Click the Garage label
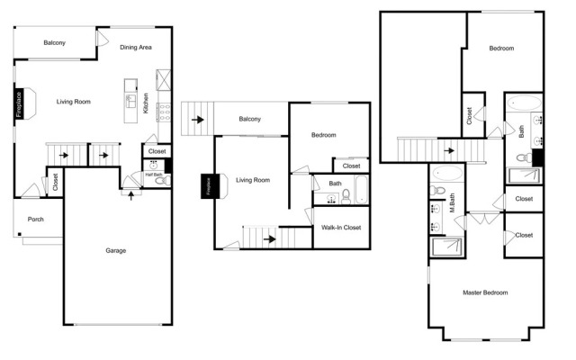click(116, 250)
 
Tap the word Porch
click(36, 220)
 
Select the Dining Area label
click(136, 47)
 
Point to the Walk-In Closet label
click(341, 228)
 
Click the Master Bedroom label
click(485, 292)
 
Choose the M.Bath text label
click(452, 202)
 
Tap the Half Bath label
click(154, 175)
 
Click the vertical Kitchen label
click(146, 103)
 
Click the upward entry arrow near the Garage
click(130, 195)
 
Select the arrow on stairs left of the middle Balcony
click(198, 120)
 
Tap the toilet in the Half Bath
click(163, 180)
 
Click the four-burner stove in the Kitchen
click(164, 112)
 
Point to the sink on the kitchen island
click(130, 101)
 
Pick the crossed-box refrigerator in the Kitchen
click(164, 80)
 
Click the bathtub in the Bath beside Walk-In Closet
click(362, 190)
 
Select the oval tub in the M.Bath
click(447, 173)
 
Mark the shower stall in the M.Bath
click(447, 247)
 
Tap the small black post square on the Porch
click(20, 234)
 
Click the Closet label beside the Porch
click(56, 182)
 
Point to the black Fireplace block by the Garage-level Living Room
click(19, 104)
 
